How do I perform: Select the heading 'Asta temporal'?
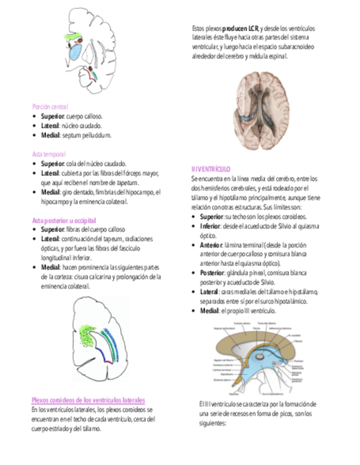pos(48,154)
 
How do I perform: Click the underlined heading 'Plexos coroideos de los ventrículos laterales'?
pos(88,400)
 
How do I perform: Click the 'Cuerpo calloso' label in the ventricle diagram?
pos(243,324)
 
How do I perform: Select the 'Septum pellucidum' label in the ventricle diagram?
pos(224,328)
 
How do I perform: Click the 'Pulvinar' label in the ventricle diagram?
pos(299,361)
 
